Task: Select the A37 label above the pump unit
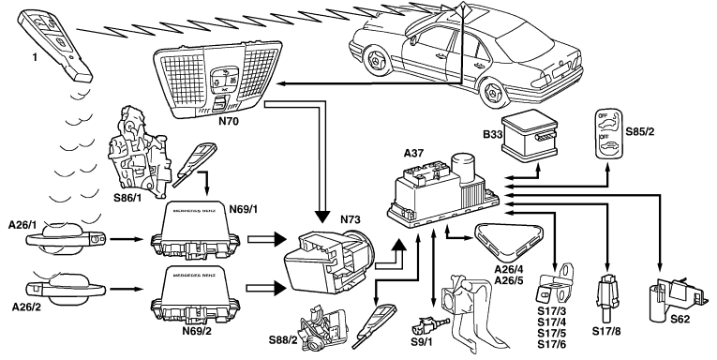(414, 154)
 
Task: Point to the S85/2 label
(640, 132)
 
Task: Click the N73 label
(351, 220)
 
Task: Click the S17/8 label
(606, 331)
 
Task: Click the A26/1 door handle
(66, 238)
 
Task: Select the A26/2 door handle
(66, 288)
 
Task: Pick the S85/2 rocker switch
(607, 134)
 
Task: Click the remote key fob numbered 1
(55, 45)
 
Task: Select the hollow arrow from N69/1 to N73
(266, 239)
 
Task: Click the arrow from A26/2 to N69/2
(127, 289)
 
